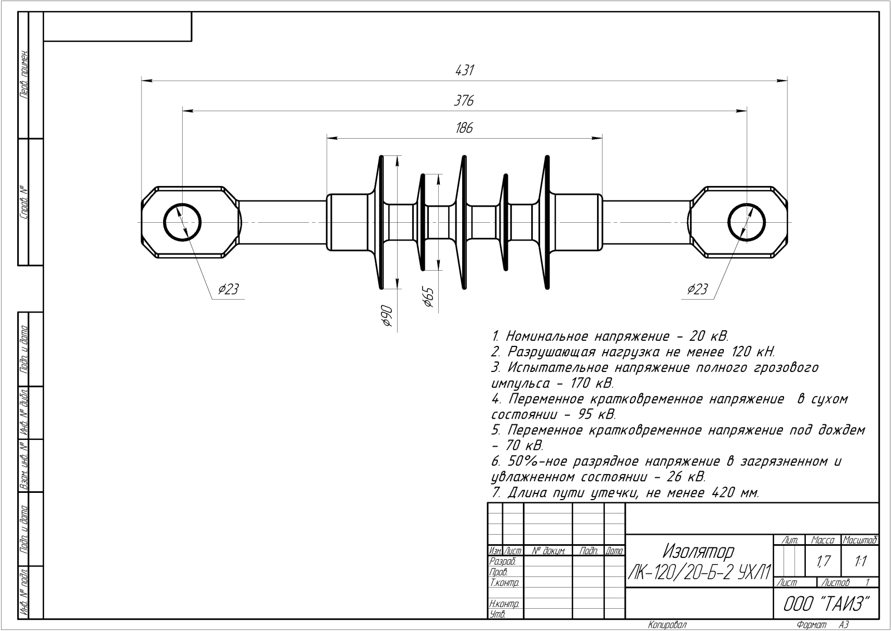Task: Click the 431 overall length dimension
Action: pyautogui.click(x=464, y=71)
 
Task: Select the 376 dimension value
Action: pyautogui.click(x=463, y=101)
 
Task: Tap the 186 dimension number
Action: pyautogui.click(x=464, y=128)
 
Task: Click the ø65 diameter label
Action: pyautogui.click(x=428, y=297)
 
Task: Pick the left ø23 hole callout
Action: pyautogui.click(x=228, y=289)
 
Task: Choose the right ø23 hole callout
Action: pyautogui.click(x=697, y=289)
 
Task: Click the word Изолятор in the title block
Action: pyautogui.click(x=698, y=551)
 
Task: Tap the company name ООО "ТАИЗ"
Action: pyautogui.click(x=826, y=603)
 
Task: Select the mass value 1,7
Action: pyautogui.click(x=824, y=562)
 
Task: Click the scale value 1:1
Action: pyautogui.click(x=860, y=562)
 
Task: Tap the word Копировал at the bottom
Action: pyautogui.click(x=667, y=625)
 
